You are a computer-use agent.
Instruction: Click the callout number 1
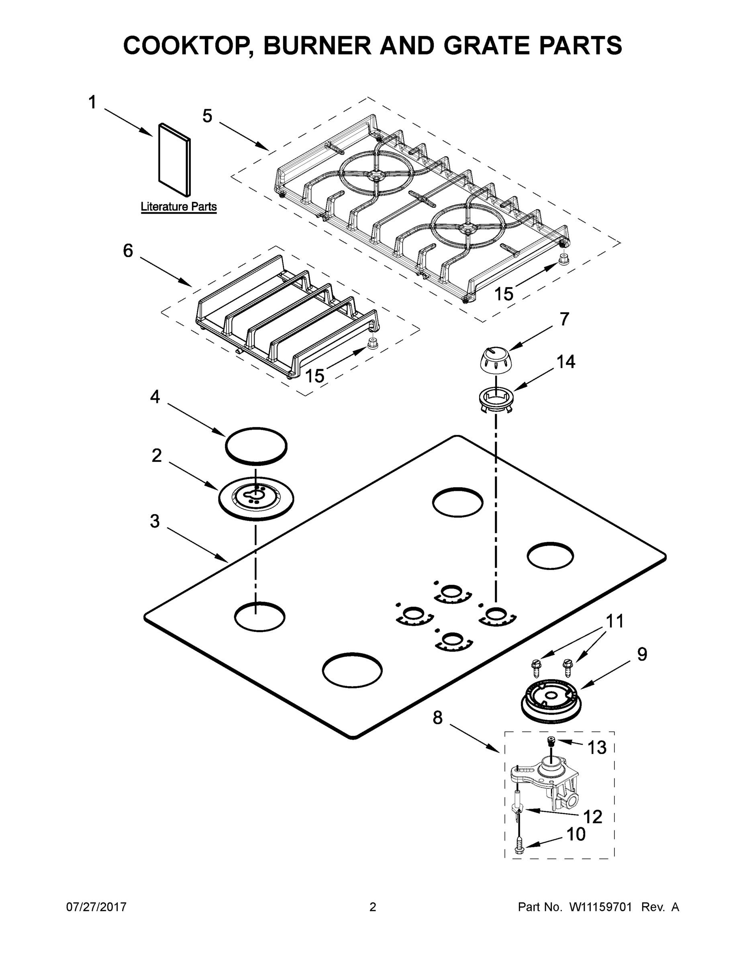pyautogui.click(x=92, y=103)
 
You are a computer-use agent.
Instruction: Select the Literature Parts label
pyautogui.click(x=178, y=206)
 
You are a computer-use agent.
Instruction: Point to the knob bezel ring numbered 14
pyautogui.click(x=496, y=397)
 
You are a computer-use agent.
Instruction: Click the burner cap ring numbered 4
pyautogui.click(x=256, y=446)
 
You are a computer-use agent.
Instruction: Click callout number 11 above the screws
pyautogui.click(x=614, y=621)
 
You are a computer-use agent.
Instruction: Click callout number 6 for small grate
pyautogui.click(x=128, y=251)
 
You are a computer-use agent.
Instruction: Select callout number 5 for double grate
pyautogui.click(x=207, y=116)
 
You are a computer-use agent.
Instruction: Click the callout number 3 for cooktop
pyautogui.click(x=155, y=521)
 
